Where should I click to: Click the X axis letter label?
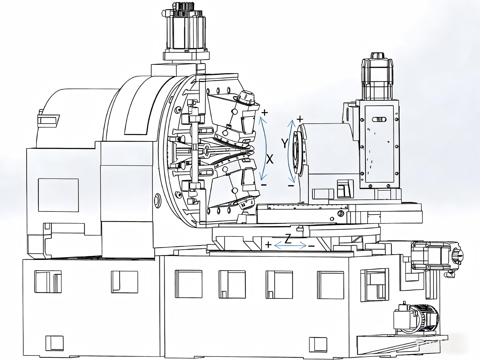(270, 159)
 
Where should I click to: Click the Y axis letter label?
(284, 143)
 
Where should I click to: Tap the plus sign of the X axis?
(265, 112)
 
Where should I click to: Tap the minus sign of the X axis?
(264, 185)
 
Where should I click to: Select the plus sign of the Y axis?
(300, 119)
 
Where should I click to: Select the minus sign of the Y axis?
(291, 186)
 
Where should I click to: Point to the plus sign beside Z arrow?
(268, 245)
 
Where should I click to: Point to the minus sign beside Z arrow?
(311, 246)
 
